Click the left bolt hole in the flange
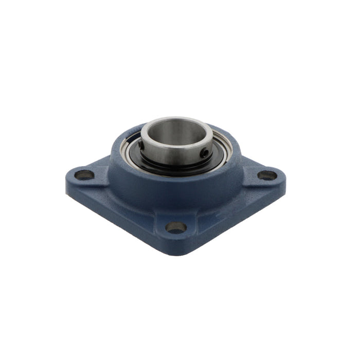click(84, 175)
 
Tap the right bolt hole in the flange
click(267, 175)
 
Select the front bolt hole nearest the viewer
click(176, 227)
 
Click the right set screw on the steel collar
click(205, 152)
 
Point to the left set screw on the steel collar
click(141, 145)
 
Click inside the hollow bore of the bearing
click(176, 135)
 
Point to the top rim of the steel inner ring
click(176, 119)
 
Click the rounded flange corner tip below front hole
click(176, 247)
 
